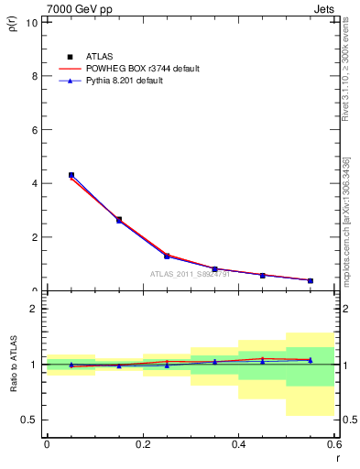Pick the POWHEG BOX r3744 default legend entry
pos(143,69)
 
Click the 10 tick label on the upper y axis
pos(33,22)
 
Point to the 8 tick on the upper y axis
pos(35,76)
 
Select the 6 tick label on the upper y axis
pos(35,130)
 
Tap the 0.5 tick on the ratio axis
pos(30,420)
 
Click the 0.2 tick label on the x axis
pos(142,446)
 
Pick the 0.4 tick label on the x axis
pos(238,446)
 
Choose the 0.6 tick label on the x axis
pos(333,446)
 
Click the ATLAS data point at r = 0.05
pos(71,175)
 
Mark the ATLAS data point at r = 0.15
pos(119,220)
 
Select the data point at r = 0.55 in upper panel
pos(311,280)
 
